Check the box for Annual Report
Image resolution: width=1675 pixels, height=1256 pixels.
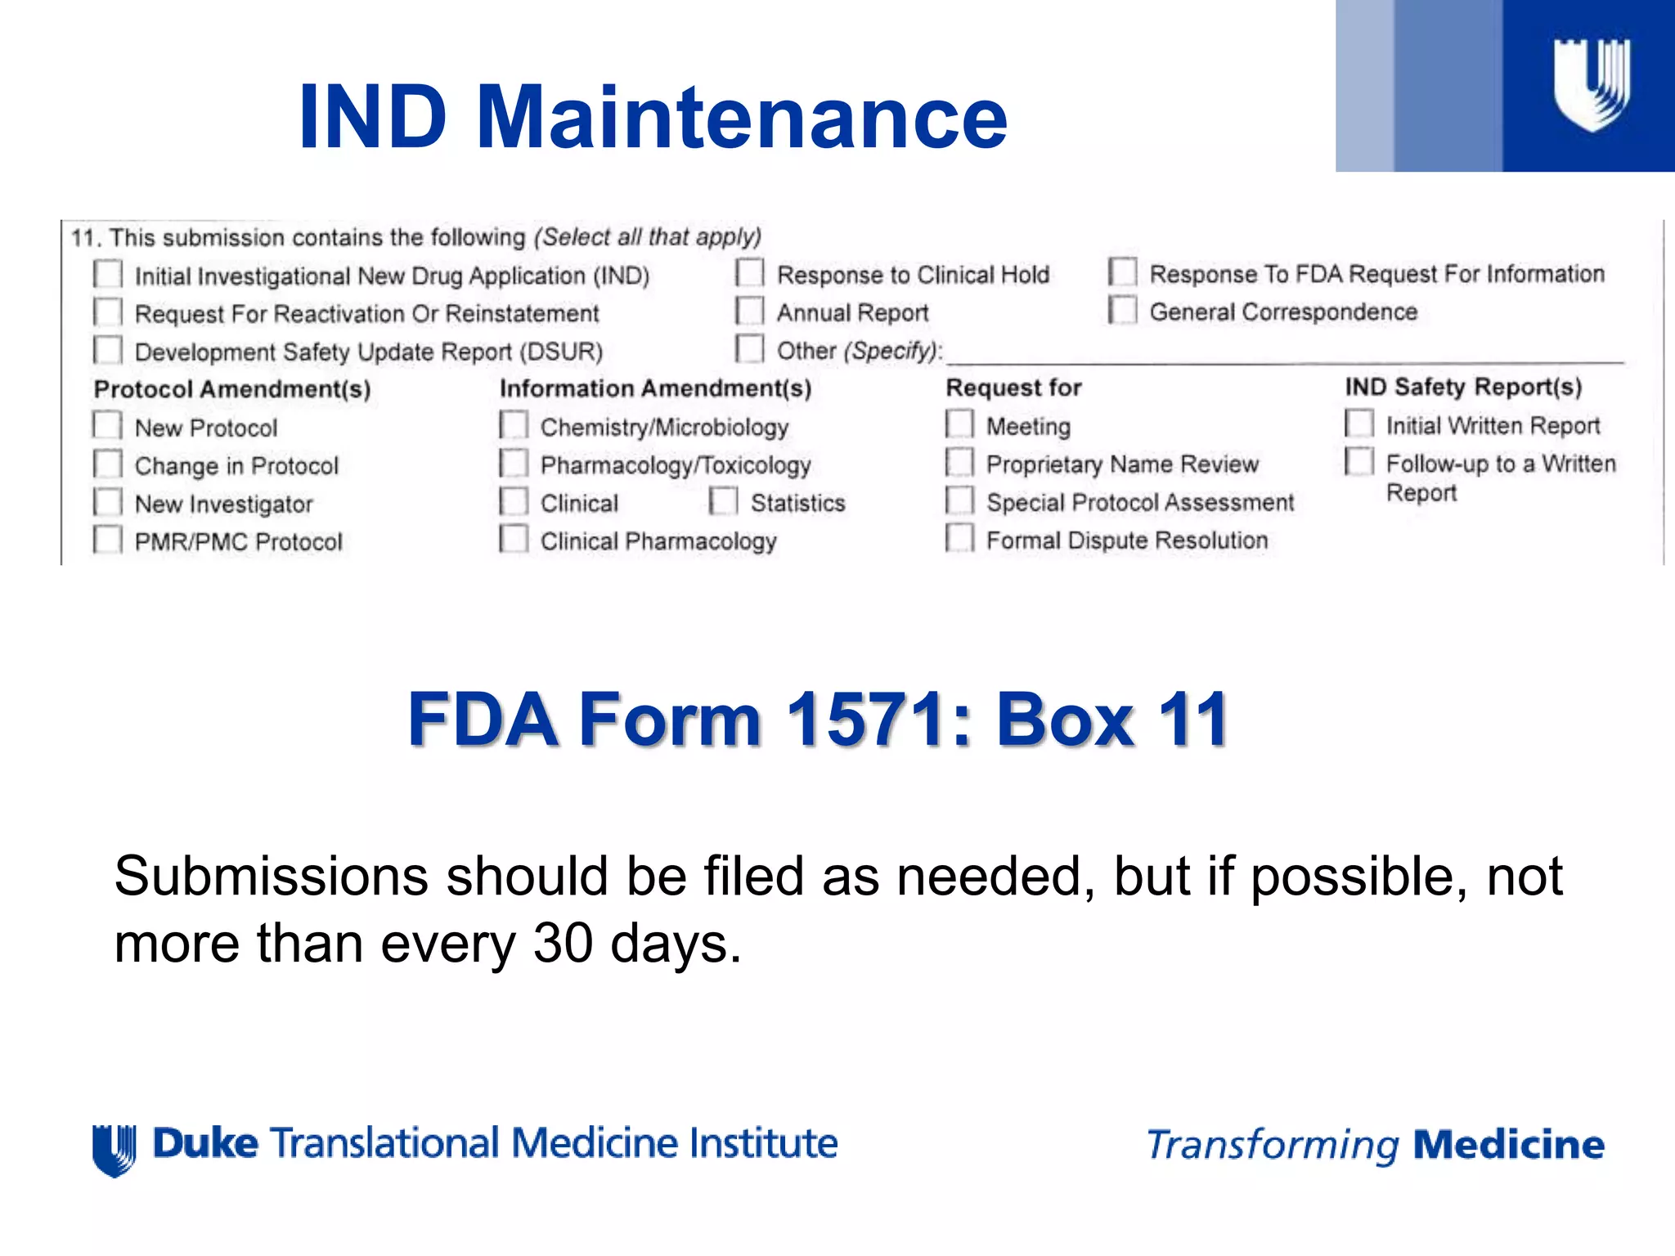[749, 312]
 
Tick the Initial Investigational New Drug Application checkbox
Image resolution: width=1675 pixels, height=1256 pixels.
[108, 274]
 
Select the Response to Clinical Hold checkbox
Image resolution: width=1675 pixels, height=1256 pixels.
[749, 273]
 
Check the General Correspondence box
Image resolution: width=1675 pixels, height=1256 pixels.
[1122, 310]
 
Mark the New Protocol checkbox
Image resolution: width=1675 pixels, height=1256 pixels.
[108, 426]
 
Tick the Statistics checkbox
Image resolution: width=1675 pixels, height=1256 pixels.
[723, 501]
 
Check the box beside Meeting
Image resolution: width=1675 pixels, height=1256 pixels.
[959, 424]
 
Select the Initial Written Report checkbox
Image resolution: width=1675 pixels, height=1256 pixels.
[1358, 424]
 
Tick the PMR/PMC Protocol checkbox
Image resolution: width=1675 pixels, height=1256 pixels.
[108, 540]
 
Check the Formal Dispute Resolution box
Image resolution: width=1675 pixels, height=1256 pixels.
[959, 538]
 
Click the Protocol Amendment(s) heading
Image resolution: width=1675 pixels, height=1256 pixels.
[232, 389]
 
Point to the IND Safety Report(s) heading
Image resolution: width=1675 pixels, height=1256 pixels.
[1463, 387]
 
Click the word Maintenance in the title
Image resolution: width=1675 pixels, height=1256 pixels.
[741, 119]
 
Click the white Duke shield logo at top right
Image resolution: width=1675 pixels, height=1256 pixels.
[1592, 84]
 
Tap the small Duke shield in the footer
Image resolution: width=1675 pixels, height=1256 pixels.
[114, 1149]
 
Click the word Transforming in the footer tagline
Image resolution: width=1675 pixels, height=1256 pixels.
[1273, 1146]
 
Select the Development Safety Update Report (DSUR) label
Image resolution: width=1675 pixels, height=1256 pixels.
[368, 352]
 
